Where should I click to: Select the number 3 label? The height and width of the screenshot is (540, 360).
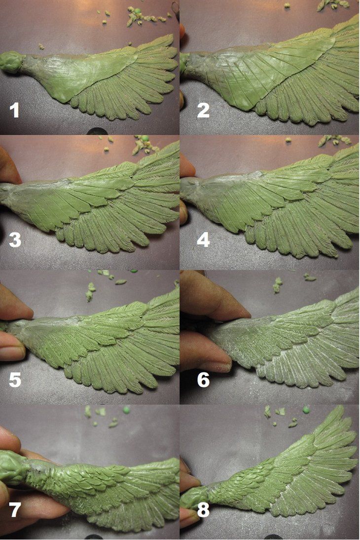click(15, 240)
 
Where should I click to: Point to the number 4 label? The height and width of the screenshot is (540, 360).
click(203, 240)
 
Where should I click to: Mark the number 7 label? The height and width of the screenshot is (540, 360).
click(14, 510)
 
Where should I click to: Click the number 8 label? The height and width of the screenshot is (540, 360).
click(203, 510)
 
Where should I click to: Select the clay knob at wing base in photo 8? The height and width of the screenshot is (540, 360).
click(194, 497)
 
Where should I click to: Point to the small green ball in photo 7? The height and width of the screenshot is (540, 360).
click(127, 410)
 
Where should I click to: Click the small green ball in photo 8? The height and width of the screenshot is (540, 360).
click(306, 410)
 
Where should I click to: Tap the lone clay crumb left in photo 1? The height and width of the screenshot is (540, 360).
click(41, 46)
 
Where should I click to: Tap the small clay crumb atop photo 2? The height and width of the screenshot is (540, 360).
click(287, 5)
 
